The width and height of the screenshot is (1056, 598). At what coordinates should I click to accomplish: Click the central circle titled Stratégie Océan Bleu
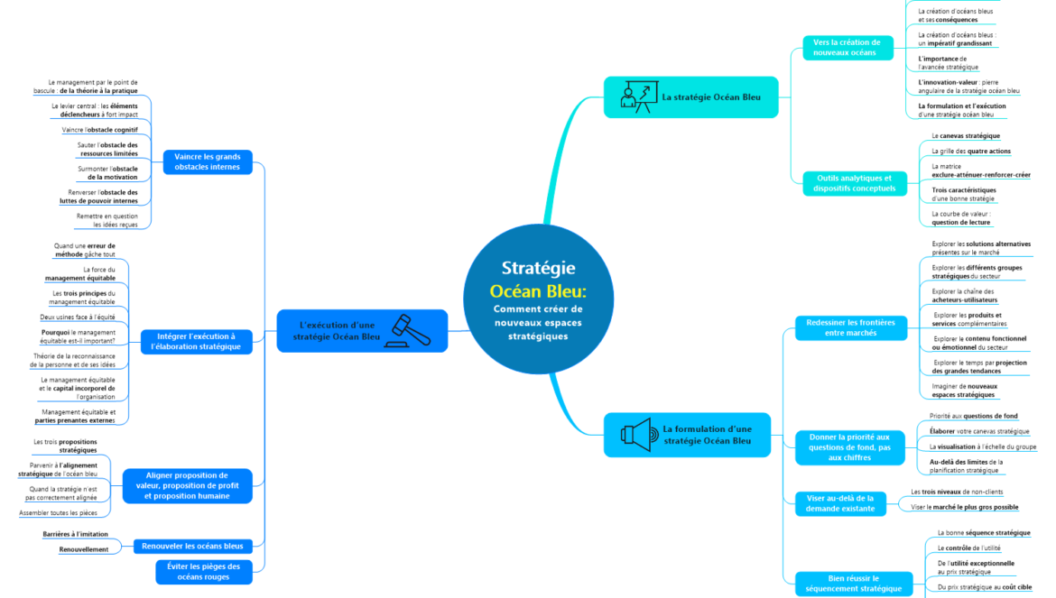coord(538,301)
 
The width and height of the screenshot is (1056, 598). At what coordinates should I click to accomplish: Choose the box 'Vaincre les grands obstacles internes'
coord(207,161)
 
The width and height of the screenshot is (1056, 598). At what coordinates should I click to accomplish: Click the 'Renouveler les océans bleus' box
coord(192,546)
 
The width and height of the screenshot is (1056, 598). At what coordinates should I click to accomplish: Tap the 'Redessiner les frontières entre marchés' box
coord(850,327)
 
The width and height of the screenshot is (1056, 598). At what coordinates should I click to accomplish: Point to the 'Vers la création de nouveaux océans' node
coord(848,47)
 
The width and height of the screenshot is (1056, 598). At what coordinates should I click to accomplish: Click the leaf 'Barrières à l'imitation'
coord(75,535)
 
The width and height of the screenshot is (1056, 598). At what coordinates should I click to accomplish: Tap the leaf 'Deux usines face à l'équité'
coord(78,317)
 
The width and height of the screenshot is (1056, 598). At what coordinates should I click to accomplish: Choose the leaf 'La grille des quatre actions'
coord(969,152)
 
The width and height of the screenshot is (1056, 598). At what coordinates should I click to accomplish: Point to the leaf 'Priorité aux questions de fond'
coord(973,416)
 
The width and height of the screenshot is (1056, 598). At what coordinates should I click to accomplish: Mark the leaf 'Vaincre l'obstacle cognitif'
coord(100,130)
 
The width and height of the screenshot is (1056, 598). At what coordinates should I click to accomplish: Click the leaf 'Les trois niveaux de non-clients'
coord(957,492)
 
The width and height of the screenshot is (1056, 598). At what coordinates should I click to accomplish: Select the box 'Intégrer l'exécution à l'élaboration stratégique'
coord(193,341)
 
